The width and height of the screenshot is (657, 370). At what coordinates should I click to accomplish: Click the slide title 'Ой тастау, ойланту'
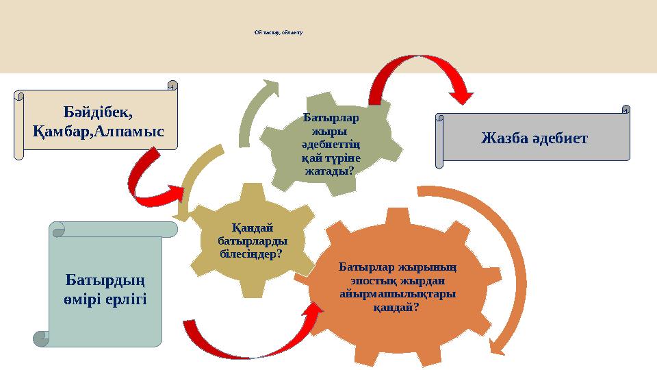point(278,32)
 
